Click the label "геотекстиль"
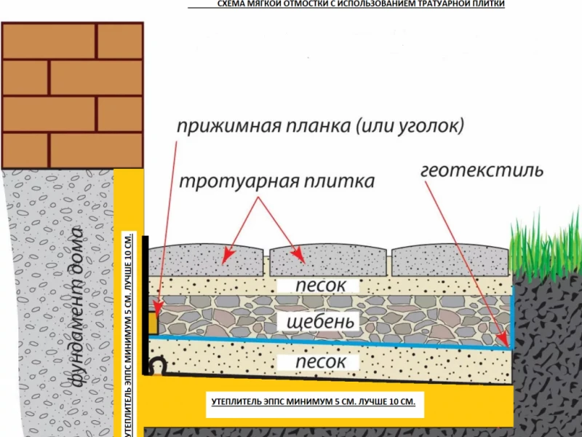(482, 170)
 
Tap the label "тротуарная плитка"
(277, 181)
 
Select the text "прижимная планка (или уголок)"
(320, 127)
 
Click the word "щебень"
(320, 322)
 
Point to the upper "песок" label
(321, 286)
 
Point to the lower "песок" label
(321, 361)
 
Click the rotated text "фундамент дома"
(77, 307)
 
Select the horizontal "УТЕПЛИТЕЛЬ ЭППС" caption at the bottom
(314, 402)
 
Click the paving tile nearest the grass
(450, 261)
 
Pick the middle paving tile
(328, 260)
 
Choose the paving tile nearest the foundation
(206, 260)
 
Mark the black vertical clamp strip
(145, 305)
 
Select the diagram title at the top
(361, 4)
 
